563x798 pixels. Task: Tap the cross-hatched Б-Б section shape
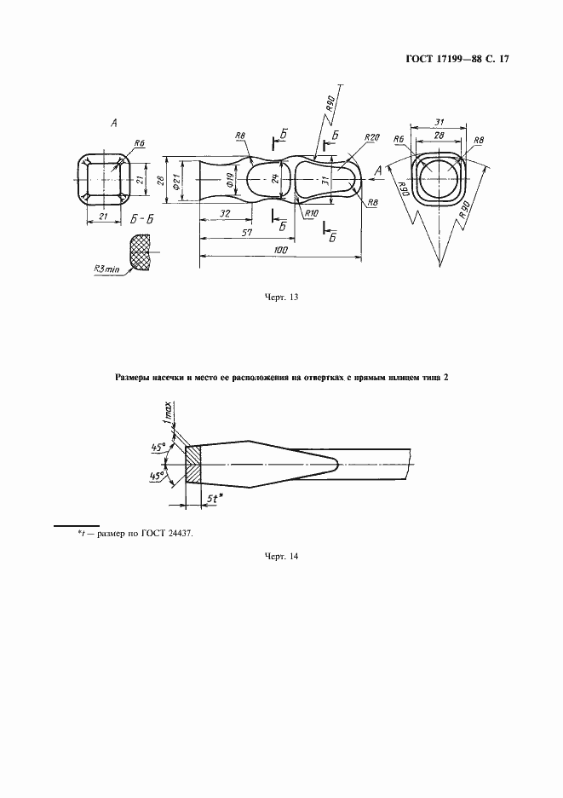(x=140, y=254)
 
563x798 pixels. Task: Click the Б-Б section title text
(x=142, y=219)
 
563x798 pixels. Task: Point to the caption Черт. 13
(x=281, y=298)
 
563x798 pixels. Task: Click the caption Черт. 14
(x=281, y=557)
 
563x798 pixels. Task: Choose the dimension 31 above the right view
(x=438, y=121)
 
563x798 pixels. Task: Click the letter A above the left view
(x=112, y=124)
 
